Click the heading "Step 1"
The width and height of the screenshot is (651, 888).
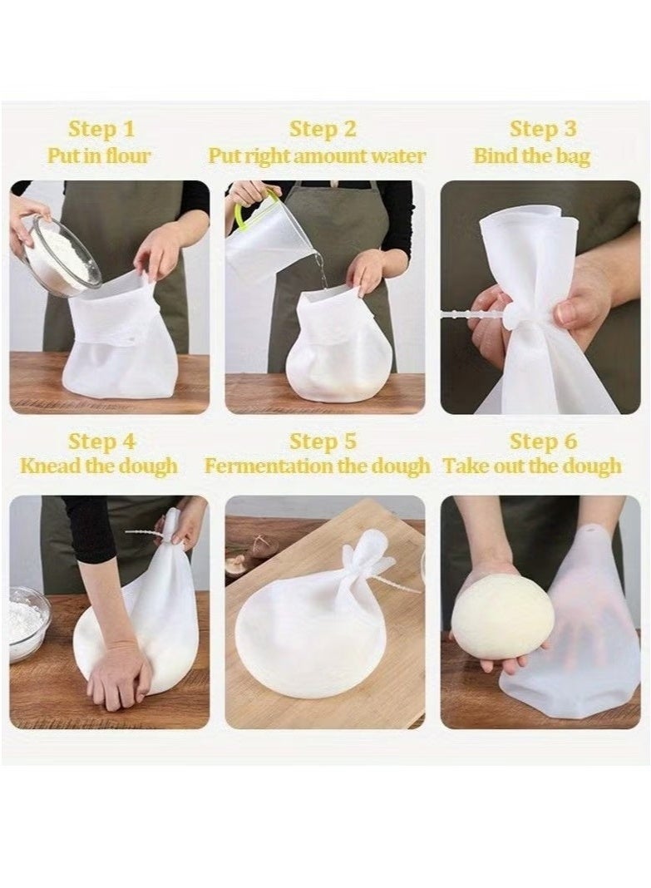click(101, 129)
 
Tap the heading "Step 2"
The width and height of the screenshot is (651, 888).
click(323, 129)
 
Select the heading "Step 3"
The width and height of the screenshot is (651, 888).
click(543, 129)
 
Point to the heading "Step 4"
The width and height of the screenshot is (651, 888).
click(101, 441)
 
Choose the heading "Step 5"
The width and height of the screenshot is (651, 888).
click(323, 441)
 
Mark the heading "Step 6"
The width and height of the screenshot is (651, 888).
click(543, 441)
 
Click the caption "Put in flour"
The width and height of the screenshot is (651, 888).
click(99, 155)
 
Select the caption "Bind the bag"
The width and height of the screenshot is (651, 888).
click(532, 155)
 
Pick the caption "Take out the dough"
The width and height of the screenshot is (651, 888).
click(532, 466)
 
